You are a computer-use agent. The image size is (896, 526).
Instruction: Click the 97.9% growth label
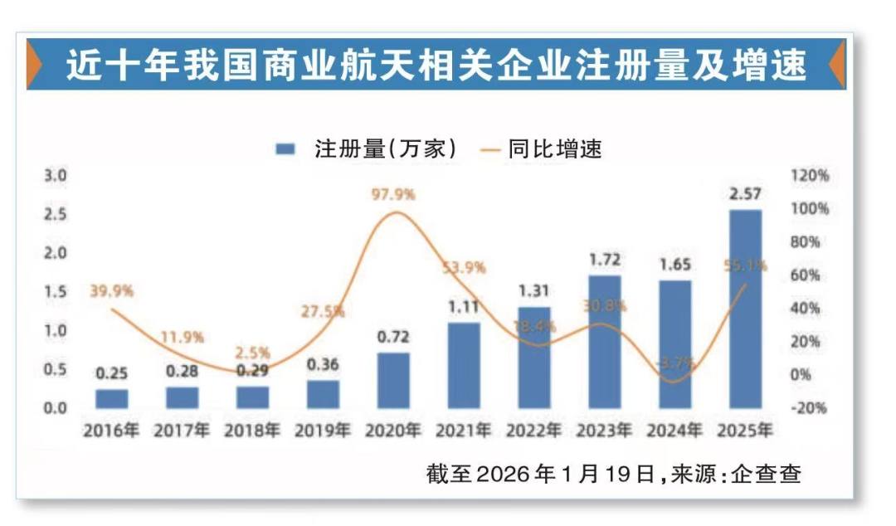392,194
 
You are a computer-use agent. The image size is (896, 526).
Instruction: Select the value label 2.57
745,195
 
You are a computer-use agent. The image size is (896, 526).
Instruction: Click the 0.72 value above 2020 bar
393,338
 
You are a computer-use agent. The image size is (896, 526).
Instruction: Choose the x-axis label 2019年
322,431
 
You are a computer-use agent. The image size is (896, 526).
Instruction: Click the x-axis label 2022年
533,431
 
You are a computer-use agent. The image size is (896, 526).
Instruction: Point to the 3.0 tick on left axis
55,176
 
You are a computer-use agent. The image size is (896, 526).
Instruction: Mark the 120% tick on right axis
810,176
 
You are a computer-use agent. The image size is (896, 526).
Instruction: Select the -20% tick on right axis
808,407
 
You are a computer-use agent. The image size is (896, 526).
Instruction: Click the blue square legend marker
286,149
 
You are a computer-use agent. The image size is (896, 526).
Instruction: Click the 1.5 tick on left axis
55,291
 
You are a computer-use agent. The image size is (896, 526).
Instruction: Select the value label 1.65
674,265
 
